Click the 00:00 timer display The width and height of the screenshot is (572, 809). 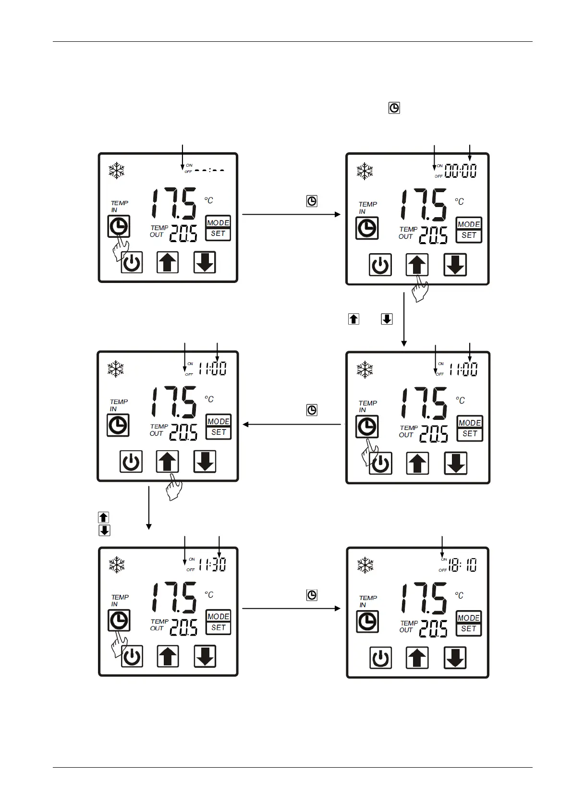(x=460, y=171)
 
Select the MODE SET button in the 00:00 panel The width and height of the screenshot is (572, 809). (x=469, y=230)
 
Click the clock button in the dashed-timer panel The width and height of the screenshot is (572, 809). (x=119, y=226)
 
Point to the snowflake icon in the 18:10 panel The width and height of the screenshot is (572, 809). (x=365, y=565)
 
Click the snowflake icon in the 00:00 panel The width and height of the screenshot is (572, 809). (x=365, y=171)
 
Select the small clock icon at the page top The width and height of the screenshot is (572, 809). (x=394, y=108)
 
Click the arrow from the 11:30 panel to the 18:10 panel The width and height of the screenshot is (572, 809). (x=291, y=609)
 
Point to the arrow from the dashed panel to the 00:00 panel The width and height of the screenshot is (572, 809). (x=291, y=214)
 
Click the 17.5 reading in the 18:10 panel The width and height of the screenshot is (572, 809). (x=424, y=598)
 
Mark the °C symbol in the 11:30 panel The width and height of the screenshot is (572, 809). (x=209, y=594)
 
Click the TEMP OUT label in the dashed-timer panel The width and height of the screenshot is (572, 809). (x=158, y=231)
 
